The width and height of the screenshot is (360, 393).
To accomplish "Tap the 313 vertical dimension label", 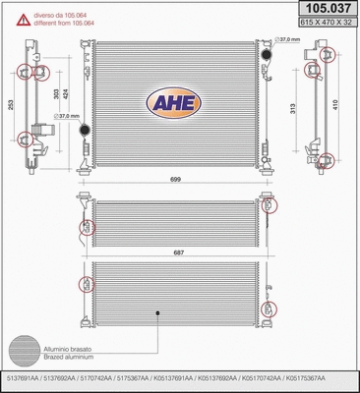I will (293, 107).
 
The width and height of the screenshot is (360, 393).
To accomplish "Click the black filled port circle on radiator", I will (84, 130).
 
